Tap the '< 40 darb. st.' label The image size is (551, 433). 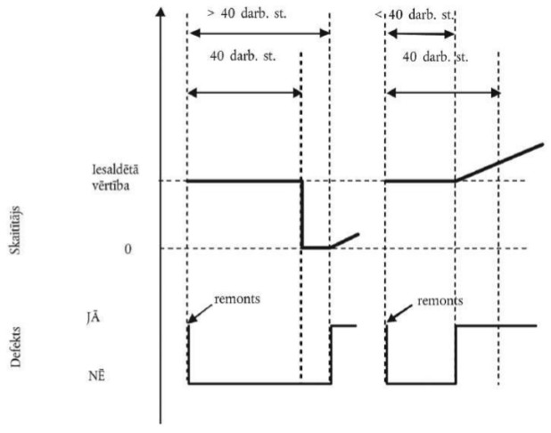pos(417,15)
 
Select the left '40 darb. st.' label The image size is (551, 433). pos(243,56)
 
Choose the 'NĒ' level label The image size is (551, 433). pos(127,376)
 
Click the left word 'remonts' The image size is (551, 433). pos(236,299)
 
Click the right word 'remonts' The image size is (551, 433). pos(440,300)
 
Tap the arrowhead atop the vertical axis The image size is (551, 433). pos(160,12)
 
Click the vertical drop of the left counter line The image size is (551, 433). pos(301,214)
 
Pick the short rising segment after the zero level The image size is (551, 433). pos(344,241)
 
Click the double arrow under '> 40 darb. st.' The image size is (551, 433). pos(259,33)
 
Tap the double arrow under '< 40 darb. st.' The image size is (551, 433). pos(419,35)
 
